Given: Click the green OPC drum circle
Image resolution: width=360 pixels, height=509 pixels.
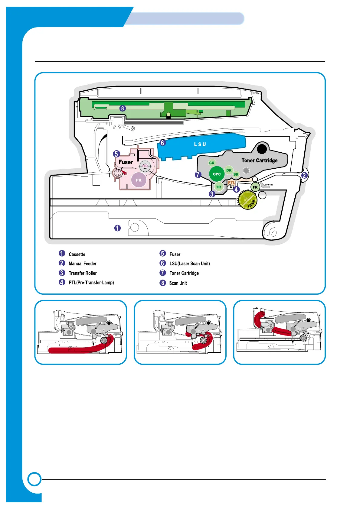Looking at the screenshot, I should (x=217, y=174).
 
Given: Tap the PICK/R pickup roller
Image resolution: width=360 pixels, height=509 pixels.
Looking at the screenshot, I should (x=248, y=200).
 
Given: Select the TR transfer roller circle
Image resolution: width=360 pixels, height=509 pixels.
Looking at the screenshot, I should (x=218, y=187).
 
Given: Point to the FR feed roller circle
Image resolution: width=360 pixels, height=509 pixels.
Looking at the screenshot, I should (x=255, y=187).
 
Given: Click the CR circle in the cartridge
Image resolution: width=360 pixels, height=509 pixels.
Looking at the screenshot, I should (x=212, y=163).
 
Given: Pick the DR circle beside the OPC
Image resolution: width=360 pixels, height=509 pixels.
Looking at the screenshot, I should (x=229, y=170).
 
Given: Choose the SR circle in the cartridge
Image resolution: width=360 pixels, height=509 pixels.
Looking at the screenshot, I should (x=236, y=174).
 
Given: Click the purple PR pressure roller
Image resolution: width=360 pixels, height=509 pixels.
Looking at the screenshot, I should (x=139, y=180).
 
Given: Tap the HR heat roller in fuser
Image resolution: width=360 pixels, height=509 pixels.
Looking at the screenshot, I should (x=145, y=166).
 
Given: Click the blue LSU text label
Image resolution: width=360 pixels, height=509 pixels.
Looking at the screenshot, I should (x=200, y=144).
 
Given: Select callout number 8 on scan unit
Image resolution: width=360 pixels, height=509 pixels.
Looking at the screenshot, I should (x=123, y=108).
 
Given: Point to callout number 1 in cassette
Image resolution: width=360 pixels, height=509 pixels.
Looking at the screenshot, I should (x=117, y=228).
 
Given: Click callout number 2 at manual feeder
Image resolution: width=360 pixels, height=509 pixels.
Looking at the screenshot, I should (x=304, y=175).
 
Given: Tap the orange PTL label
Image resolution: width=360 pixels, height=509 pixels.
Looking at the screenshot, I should (x=231, y=183).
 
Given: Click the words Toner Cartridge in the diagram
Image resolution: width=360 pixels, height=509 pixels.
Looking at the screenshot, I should (x=259, y=160).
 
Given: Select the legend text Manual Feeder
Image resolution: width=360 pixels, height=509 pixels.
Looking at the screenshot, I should (x=83, y=264).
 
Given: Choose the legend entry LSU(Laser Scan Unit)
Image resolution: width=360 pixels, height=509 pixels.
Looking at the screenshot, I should (x=189, y=264).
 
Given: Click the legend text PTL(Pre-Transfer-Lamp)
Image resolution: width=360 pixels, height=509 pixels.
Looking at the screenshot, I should (x=91, y=283).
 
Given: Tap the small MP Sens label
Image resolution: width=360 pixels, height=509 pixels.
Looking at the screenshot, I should (x=269, y=185).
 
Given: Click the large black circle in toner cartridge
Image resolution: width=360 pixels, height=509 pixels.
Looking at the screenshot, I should (x=262, y=149).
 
